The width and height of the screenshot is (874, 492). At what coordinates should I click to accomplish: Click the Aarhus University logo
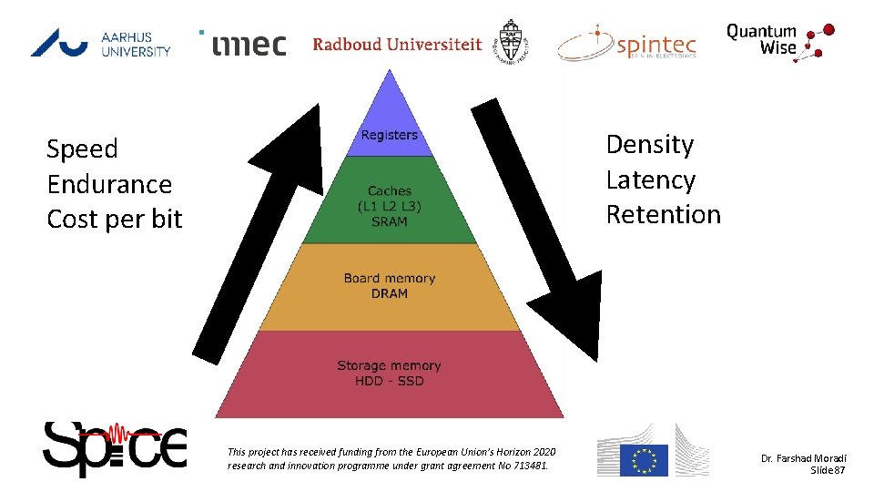[x=100, y=42]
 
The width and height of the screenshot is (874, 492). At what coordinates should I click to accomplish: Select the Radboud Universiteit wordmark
[x=397, y=44]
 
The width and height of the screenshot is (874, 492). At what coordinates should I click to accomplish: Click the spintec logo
[x=628, y=43]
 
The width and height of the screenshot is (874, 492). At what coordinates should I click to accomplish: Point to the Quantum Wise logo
[x=778, y=41]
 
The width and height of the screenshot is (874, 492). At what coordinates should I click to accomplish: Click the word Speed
[x=82, y=149]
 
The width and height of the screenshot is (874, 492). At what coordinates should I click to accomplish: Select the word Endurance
[x=109, y=184]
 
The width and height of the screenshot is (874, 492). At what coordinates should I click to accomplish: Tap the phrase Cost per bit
[x=115, y=219]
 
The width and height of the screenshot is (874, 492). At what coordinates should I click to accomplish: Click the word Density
[x=650, y=145]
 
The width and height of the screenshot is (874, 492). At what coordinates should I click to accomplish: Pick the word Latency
[x=650, y=179]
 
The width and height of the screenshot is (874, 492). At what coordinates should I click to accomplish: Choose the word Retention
[x=663, y=214]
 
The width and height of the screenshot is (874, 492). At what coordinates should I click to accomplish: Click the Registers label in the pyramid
[x=389, y=135]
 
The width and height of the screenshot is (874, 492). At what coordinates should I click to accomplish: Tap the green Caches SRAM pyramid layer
[x=390, y=206]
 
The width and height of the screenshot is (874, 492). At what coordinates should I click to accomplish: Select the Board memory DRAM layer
[x=390, y=286]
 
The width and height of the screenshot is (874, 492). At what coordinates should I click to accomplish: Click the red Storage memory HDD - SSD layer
[x=390, y=373]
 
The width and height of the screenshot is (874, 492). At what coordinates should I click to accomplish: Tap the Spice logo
[x=115, y=448]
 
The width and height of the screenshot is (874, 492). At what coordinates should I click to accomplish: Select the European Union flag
[x=644, y=460]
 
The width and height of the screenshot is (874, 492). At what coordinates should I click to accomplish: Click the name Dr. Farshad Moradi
[x=804, y=457]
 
